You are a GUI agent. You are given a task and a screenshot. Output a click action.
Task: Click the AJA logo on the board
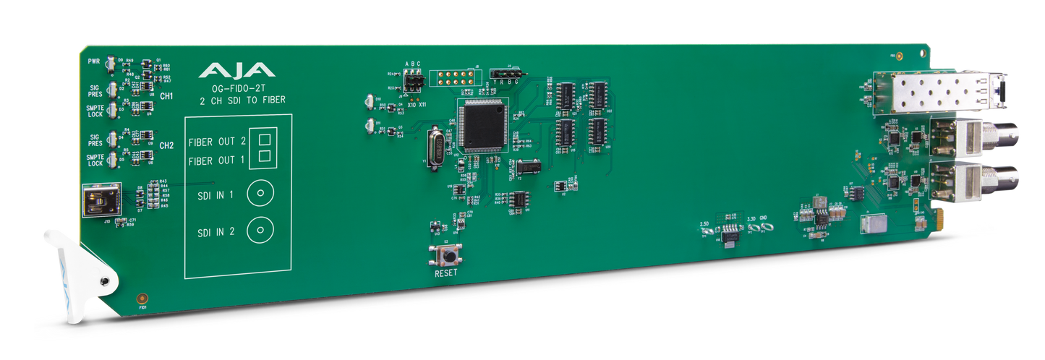coord(236,70)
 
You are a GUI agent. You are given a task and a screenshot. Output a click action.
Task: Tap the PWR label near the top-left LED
coord(93,62)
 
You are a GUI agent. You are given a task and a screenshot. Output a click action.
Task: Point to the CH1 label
coord(166,95)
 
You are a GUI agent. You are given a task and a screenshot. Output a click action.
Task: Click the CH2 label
coord(166,145)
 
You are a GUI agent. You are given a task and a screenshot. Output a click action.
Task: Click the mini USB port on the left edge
coord(97,200)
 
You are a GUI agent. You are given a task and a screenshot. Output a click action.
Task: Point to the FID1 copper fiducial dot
coord(142,298)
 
